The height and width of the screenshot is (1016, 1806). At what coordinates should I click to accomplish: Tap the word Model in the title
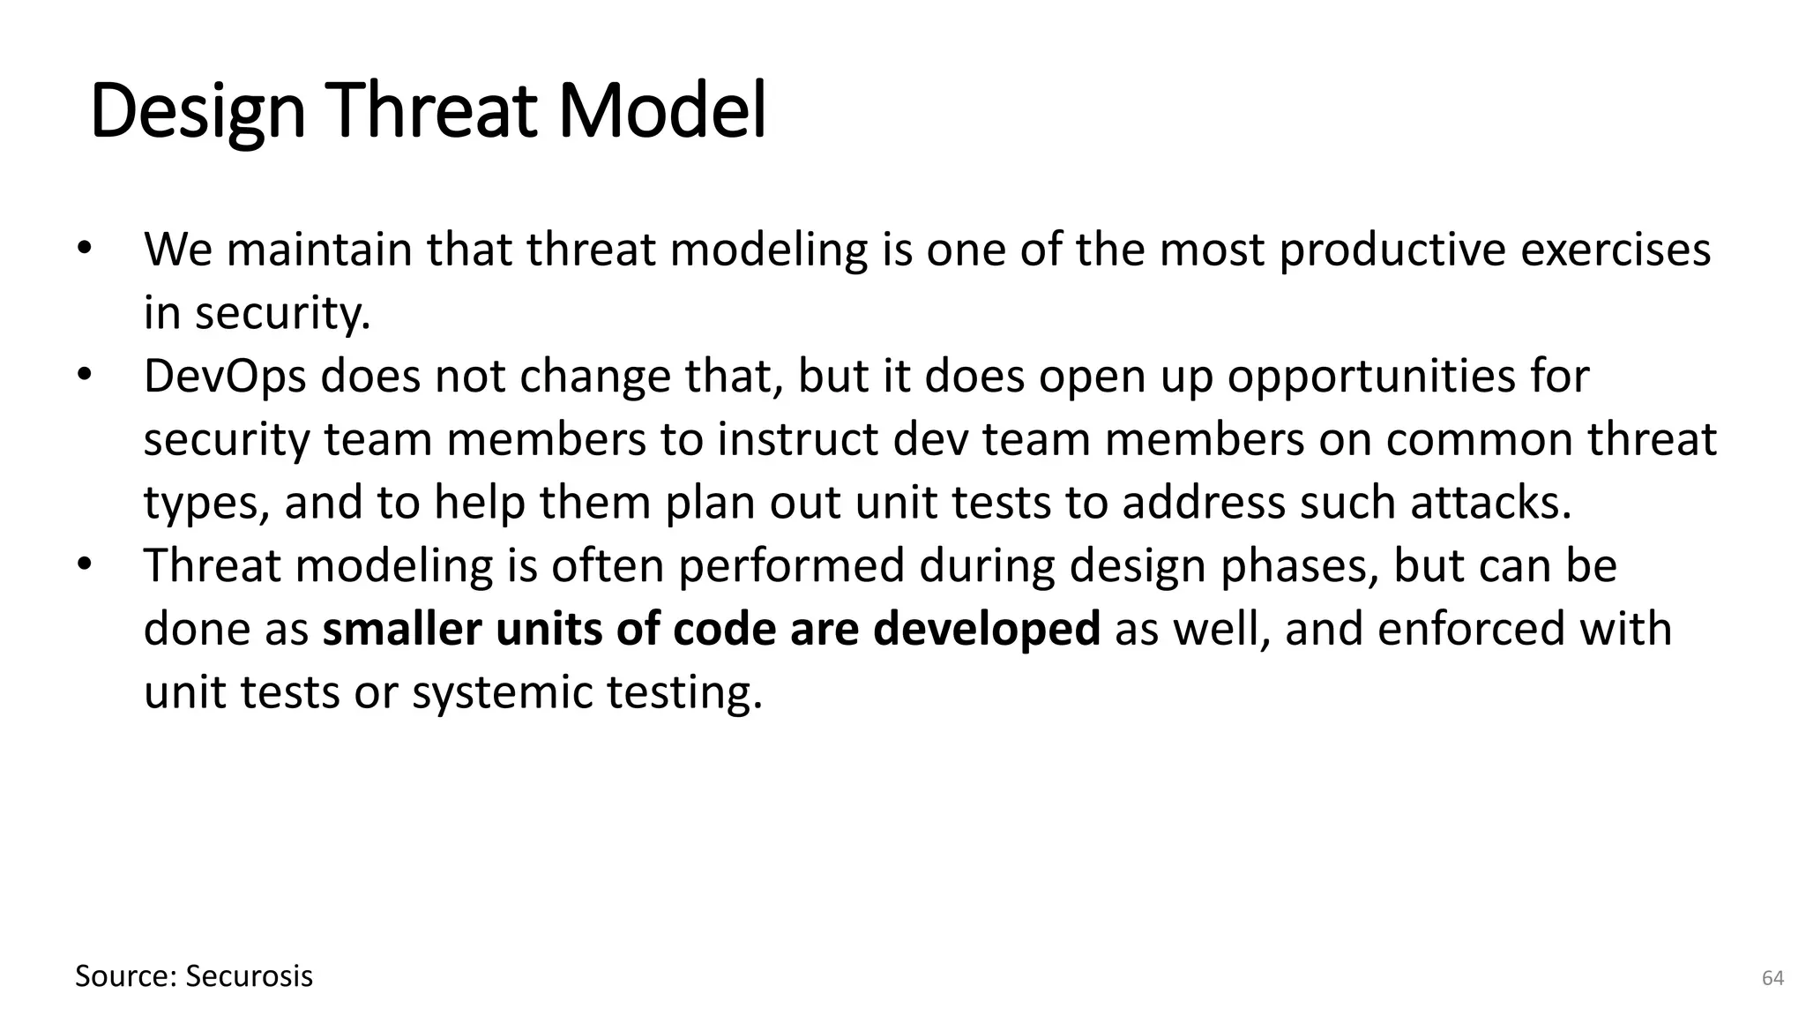tap(663, 112)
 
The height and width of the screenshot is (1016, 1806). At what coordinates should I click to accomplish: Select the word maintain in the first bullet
tap(320, 250)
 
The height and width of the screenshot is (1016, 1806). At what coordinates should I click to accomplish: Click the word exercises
tap(1616, 250)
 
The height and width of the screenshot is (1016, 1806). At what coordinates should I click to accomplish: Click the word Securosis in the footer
tap(250, 976)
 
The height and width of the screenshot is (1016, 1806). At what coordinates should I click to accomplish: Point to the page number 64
tap(1772, 978)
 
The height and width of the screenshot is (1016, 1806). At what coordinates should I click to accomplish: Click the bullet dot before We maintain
tap(84, 250)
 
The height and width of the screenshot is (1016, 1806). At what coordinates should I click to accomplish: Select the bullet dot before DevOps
tap(84, 376)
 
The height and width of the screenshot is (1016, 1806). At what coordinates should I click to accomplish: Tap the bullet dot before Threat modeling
tap(84, 565)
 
